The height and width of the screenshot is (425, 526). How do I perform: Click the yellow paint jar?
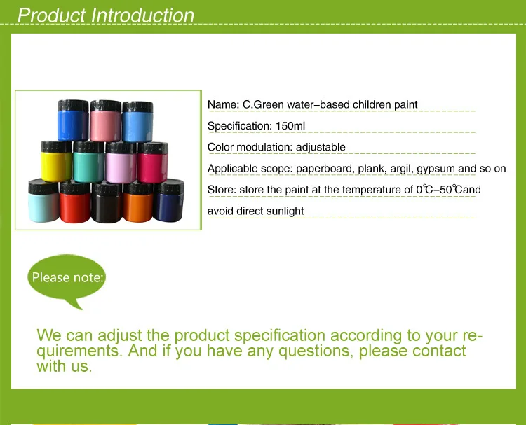coord(56,162)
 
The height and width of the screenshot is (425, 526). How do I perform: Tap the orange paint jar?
coord(138,202)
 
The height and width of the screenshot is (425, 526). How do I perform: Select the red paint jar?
coord(75,202)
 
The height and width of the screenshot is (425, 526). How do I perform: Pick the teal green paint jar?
coord(88,162)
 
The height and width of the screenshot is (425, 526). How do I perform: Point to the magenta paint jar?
coord(153,162)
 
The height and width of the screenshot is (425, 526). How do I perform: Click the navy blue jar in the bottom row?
coord(169,200)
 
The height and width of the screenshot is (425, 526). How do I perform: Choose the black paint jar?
coord(107,202)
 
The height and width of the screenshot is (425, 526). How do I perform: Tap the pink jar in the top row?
coord(105,120)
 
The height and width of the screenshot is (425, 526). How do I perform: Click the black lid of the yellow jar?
coord(56,147)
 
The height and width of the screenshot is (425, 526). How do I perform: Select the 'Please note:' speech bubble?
coord(67,278)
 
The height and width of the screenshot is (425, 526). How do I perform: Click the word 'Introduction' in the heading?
coord(142,15)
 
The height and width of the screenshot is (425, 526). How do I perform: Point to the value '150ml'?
coord(290,126)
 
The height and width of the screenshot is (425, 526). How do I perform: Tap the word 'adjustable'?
coord(321,147)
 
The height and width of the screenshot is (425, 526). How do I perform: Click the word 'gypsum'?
coord(436,169)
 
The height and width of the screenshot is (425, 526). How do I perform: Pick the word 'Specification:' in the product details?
coord(240,126)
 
